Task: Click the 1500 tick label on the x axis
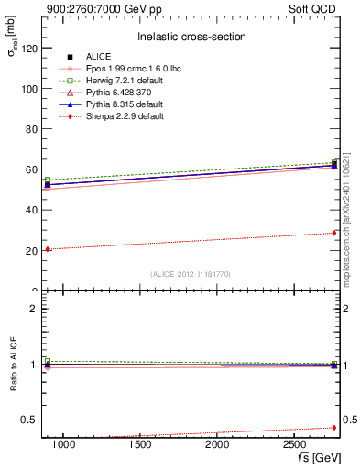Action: click(141, 445)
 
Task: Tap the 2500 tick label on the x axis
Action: click(296, 445)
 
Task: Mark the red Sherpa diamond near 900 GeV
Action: click(48, 249)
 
